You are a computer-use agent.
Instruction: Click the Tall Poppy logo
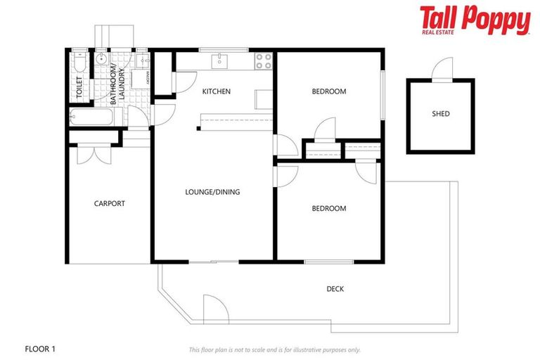click(x=475, y=21)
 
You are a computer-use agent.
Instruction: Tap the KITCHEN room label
click(x=216, y=91)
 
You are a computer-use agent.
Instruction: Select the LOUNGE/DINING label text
click(x=212, y=191)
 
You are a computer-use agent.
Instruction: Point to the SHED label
click(x=441, y=114)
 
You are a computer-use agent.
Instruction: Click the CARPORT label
click(x=109, y=204)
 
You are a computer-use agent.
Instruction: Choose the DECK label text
click(x=335, y=289)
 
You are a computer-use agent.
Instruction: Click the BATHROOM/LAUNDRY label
click(x=116, y=84)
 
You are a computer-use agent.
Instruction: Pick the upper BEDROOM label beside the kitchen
click(x=329, y=91)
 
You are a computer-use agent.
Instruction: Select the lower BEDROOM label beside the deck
click(x=329, y=208)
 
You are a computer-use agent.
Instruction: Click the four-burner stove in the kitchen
click(x=264, y=61)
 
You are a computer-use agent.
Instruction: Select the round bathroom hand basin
click(x=102, y=59)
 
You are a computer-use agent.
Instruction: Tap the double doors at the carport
click(x=92, y=153)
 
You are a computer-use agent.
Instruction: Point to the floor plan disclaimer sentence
click(x=274, y=349)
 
